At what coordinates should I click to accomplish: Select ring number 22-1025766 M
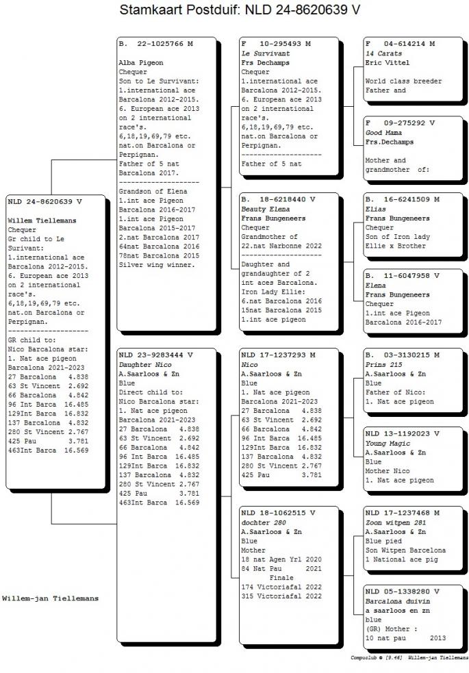(x=165, y=44)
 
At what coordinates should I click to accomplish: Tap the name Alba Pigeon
(x=141, y=63)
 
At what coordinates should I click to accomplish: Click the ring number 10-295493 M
(x=285, y=44)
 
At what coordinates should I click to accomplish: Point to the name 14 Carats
(x=383, y=53)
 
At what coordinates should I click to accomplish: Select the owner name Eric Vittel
(x=387, y=63)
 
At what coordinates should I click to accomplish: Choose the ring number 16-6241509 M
(x=411, y=200)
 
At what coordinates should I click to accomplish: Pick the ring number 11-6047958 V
(x=411, y=276)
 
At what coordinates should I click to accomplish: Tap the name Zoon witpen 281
(x=395, y=522)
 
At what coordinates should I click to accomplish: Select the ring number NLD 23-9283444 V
(x=155, y=355)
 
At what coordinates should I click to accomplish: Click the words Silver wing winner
(x=157, y=265)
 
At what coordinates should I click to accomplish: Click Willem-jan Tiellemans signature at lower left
(x=50, y=598)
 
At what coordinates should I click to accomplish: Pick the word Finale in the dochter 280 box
(x=281, y=578)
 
